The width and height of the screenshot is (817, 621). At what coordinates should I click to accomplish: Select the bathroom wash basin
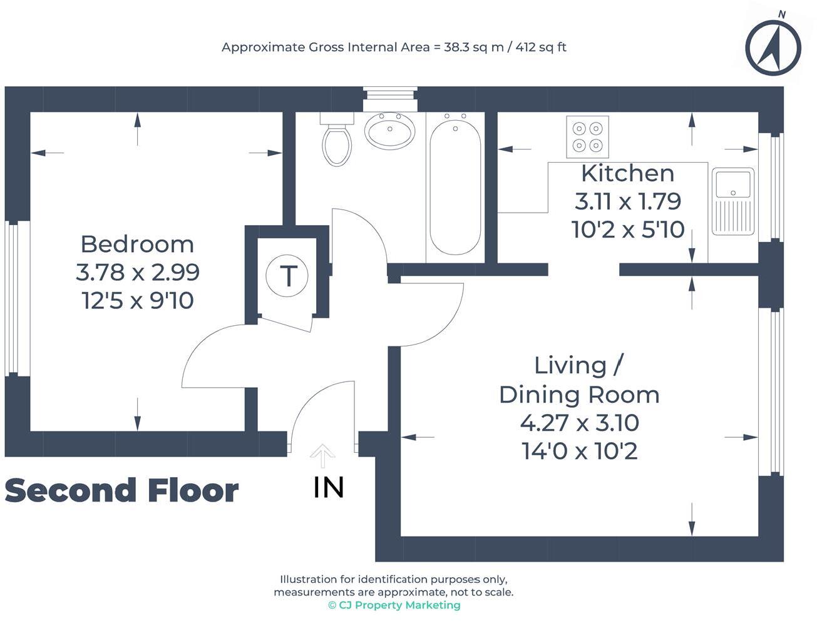[x=390, y=131]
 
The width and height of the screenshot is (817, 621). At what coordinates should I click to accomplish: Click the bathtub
[x=455, y=186]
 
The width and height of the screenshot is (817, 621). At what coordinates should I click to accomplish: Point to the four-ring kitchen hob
[x=587, y=137]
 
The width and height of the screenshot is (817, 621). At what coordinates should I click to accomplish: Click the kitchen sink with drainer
[x=732, y=201]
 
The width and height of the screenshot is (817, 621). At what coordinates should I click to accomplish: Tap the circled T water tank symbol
[x=287, y=275]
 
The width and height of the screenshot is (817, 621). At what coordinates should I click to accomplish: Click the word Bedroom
[x=137, y=244]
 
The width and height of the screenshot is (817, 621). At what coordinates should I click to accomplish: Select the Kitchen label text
[x=627, y=173]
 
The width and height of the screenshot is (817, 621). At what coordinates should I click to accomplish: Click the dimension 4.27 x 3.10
[x=580, y=423]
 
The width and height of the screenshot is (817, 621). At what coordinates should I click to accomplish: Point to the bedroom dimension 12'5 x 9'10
[x=137, y=301]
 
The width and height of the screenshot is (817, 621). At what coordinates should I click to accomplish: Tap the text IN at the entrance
[x=329, y=488]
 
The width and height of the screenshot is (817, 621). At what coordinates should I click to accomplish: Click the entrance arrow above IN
[x=322, y=455]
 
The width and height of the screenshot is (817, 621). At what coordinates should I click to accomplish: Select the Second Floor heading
[x=121, y=490]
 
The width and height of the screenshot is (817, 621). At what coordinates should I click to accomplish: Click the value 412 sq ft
[x=541, y=47]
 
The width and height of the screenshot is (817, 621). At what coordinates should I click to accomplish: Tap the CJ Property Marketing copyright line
[x=394, y=605]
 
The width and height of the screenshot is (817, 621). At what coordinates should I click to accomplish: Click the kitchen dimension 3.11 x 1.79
[x=627, y=201]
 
